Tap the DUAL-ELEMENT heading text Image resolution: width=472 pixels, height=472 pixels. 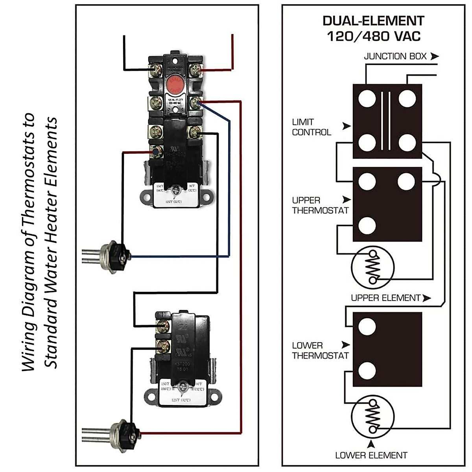[x=373, y=20]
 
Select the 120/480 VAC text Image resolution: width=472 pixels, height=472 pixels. [x=373, y=37]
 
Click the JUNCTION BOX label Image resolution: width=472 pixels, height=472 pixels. [x=395, y=56]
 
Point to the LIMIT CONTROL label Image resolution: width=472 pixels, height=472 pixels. [x=312, y=127]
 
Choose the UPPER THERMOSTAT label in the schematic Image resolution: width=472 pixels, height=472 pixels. [x=320, y=205]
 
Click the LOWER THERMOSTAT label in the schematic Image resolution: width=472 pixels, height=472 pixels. [x=320, y=350]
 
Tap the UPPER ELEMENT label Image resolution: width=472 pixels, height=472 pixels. [x=385, y=298]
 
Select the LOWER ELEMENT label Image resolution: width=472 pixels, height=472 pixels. [x=371, y=455]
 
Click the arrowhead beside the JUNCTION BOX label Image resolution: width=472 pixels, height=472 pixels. [x=434, y=56]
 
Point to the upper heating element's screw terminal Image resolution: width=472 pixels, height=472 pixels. [x=123, y=256]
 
